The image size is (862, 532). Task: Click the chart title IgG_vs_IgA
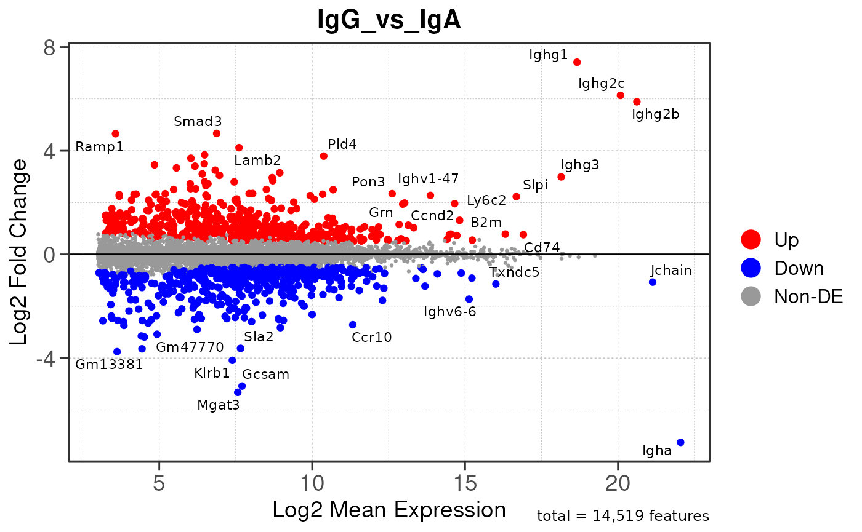click(x=389, y=20)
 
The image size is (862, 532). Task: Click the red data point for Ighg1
click(x=577, y=62)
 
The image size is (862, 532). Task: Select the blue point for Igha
click(x=680, y=442)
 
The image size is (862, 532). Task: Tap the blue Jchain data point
click(x=653, y=282)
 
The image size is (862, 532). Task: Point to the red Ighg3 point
click(x=561, y=177)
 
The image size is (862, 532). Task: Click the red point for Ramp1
click(x=115, y=133)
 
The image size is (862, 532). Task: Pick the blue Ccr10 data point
click(x=353, y=325)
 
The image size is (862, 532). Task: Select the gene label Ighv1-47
click(x=428, y=179)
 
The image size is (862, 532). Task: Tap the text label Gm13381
click(x=109, y=365)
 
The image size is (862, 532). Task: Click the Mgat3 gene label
click(x=218, y=405)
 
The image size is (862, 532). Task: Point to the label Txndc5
click(x=514, y=272)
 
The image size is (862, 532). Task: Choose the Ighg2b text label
click(x=656, y=114)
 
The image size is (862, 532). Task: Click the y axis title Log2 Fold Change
click(x=20, y=252)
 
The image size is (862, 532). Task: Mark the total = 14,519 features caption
click(x=623, y=516)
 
